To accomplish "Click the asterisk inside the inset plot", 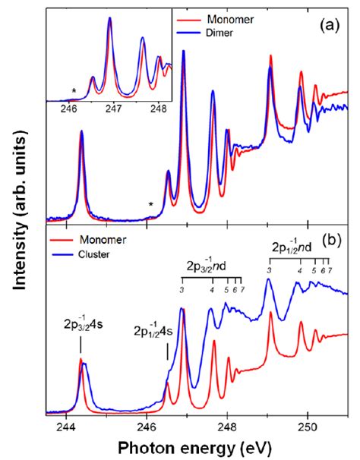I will click(x=74, y=92).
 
